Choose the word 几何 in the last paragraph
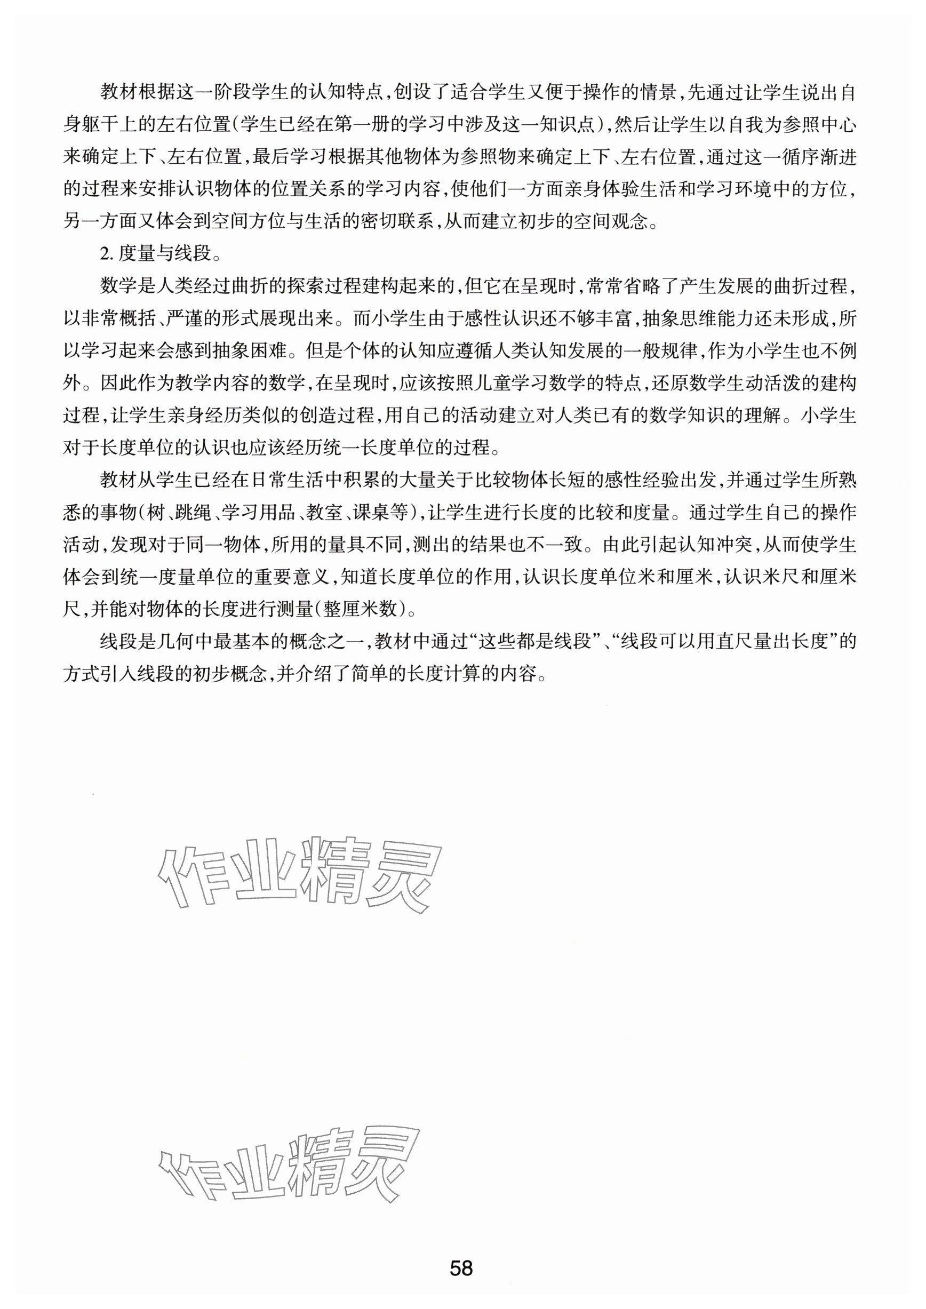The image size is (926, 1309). click(176, 641)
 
